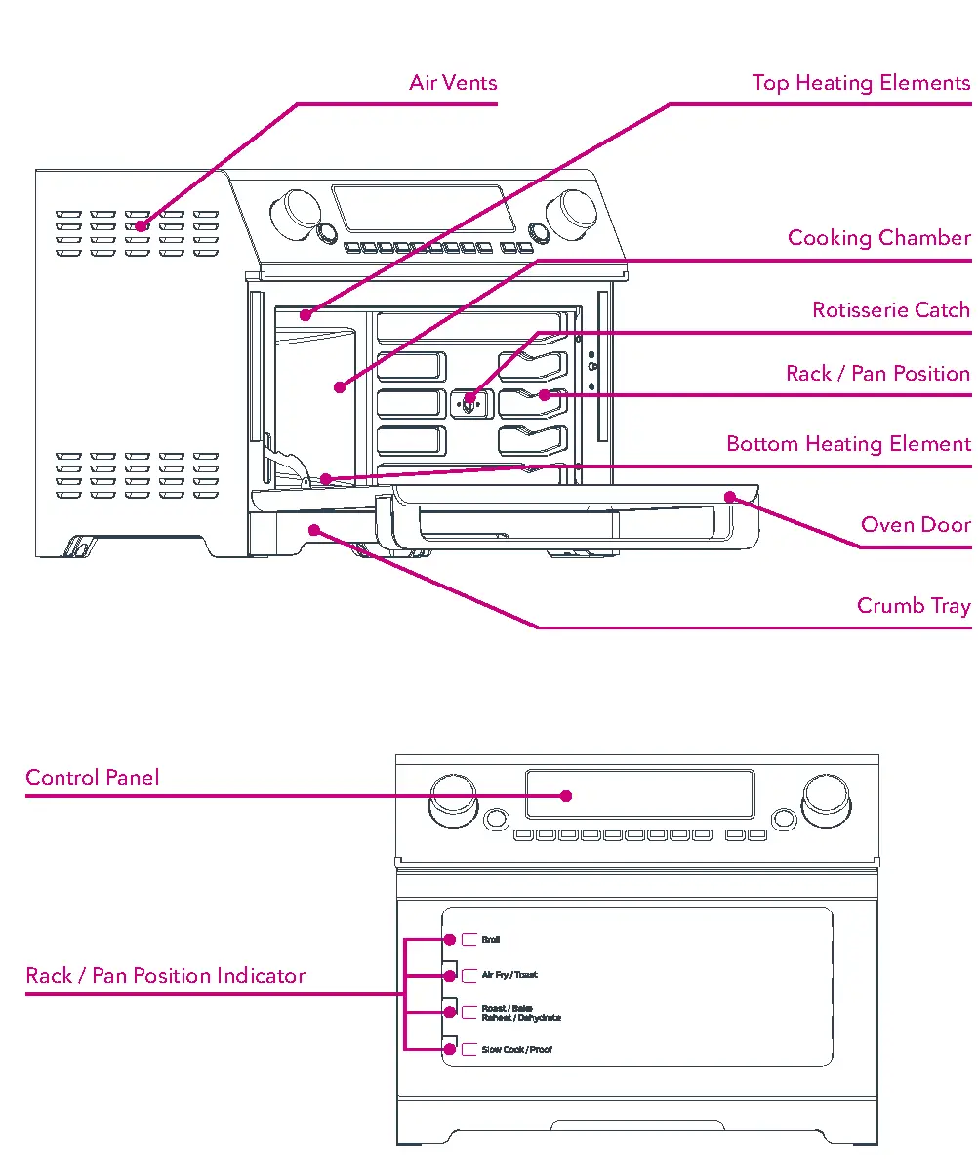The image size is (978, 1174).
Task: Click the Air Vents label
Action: (x=453, y=83)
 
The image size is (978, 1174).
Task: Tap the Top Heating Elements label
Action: (x=861, y=83)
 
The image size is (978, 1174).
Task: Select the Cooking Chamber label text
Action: (x=878, y=238)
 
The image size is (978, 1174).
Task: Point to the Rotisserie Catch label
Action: (x=890, y=310)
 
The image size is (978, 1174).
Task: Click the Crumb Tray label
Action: (x=913, y=606)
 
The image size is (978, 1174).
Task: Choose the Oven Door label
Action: (x=915, y=525)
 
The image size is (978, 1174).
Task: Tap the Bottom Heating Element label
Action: (x=848, y=444)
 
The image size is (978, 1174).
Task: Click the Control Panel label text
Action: (x=92, y=778)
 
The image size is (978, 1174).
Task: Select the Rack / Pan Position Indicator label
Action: (x=165, y=976)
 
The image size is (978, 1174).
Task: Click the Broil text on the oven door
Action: (x=490, y=940)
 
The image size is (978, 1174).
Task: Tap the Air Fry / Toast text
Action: (x=509, y=975)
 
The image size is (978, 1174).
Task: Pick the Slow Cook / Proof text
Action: (x=516, y=1050)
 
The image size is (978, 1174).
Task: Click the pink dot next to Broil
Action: (x=450, y=940)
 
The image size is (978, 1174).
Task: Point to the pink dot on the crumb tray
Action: (x=313, y=529)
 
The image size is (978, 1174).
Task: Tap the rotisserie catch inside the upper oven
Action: (x=469, y=400)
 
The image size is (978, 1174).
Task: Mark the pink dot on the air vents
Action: (x=142, y=226)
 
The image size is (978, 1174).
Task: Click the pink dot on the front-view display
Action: (x=566, y=795)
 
